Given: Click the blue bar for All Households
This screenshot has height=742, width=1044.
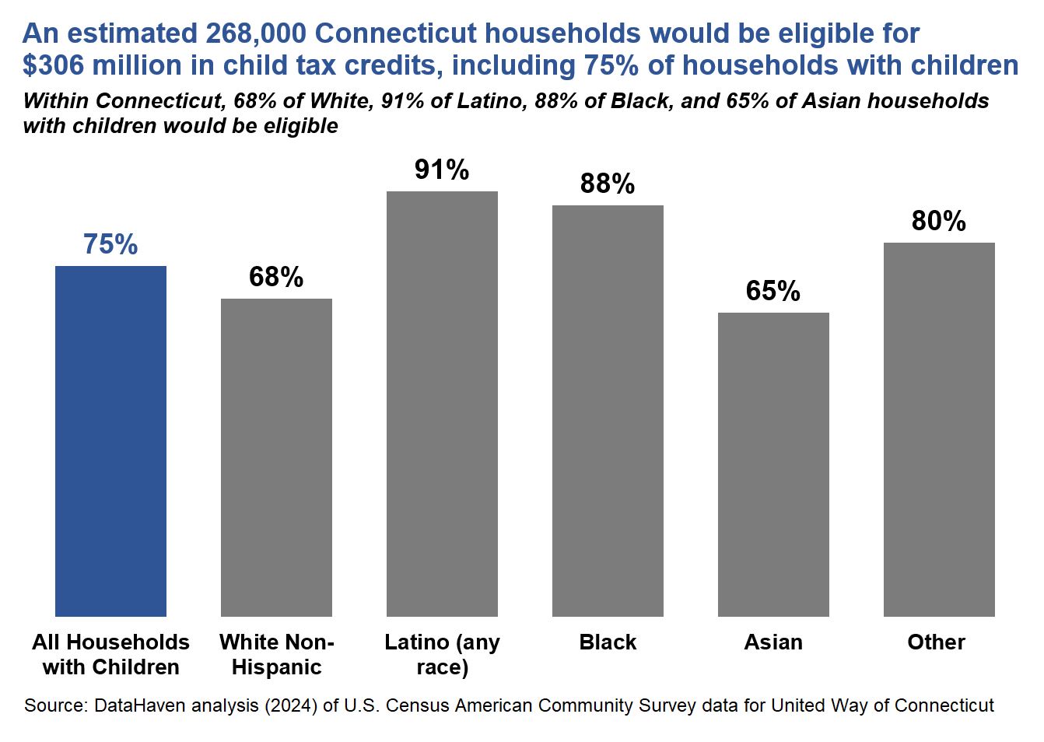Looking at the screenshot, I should pos(110,441).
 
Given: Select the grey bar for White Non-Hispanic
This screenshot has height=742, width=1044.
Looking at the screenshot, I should pos(276,457).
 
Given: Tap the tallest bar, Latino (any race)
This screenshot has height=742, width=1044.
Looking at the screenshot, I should pos(442,404).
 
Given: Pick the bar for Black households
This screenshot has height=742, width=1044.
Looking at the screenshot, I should pos(608,411).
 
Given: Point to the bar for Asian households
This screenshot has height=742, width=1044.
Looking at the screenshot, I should pos(773,464).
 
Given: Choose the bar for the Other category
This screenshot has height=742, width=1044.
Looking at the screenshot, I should pos(939,429).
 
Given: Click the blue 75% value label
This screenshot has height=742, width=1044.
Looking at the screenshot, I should pos(110,244).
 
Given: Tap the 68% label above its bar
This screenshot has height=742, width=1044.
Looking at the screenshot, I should pos(276,277).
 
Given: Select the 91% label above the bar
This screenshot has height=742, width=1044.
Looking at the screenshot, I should pos(442,170).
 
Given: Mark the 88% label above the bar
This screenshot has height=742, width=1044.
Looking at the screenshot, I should pos(608,184).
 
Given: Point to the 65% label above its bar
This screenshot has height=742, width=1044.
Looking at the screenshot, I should pos(773,291).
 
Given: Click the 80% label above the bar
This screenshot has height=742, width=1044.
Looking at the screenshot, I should pos(939,221).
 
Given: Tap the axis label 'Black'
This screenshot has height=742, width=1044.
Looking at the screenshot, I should pos(608,642).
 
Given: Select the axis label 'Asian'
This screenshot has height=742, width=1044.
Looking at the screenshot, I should pos(773,642).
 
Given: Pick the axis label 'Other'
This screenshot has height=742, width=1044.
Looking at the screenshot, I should pos(936,642).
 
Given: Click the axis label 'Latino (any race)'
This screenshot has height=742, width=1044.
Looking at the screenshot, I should pos(442,654).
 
